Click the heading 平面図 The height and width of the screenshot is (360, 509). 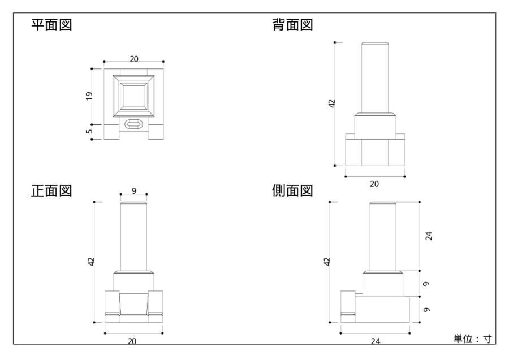point(51,25)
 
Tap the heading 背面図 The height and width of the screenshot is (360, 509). point(292,25)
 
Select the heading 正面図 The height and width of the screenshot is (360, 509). point(51,190)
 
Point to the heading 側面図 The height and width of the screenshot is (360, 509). point(292,190)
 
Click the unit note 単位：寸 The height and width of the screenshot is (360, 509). point(472,339)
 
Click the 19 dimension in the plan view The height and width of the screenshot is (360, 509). point(89,96)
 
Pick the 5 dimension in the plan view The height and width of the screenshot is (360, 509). point(89,131)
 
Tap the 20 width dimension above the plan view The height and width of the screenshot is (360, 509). point(134,59)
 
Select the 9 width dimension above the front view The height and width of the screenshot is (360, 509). point(134,191)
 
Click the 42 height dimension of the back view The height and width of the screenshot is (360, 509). point(332,104)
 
